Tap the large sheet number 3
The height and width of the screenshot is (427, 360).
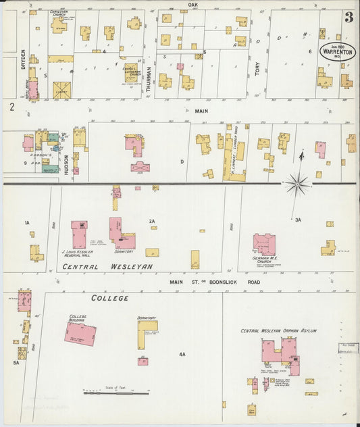(x=349, y=18)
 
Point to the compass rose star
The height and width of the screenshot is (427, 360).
(x=297, y=182)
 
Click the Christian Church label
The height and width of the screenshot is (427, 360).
(x=59, y=13)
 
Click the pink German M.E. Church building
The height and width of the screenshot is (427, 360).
(x=263, y=244)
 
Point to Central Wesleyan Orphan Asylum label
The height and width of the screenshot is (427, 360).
(x=279, y=331)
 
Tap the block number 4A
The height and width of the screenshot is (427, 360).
(x=182, y=354)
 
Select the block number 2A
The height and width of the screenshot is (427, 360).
(x=152, y=221)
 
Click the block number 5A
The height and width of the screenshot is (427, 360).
(x=16, y=362)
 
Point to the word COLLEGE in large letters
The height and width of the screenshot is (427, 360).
(x=110, y=297)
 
